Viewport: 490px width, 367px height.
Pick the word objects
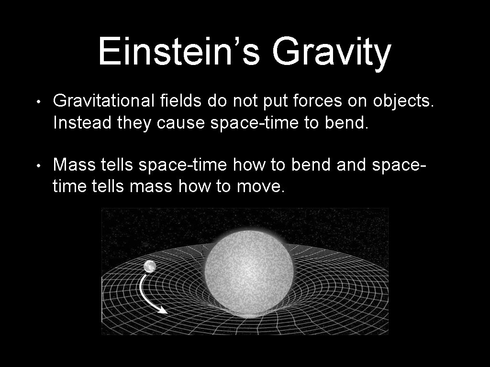[403, 102]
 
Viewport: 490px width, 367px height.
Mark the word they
[134, 124]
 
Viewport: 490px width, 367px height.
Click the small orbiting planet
[150, 266]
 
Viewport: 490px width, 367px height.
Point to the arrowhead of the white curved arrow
[163, 311]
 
